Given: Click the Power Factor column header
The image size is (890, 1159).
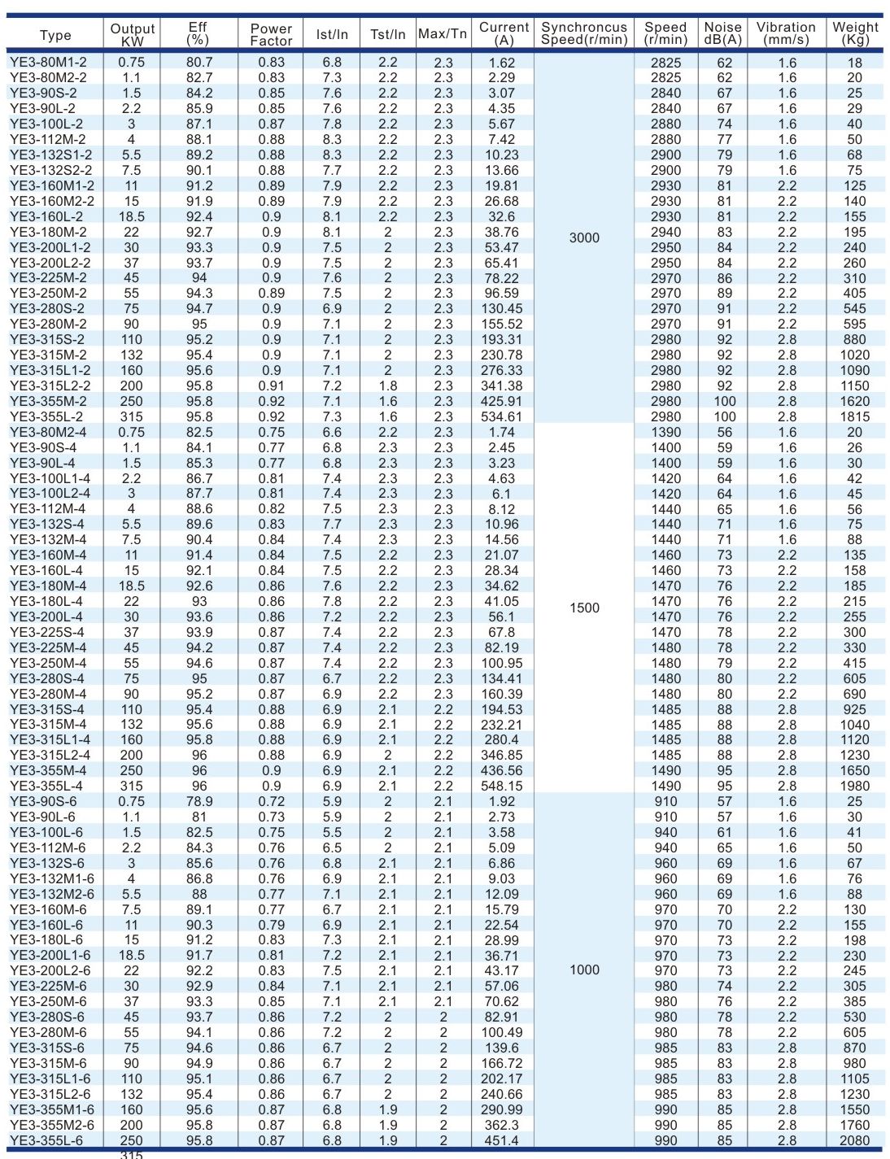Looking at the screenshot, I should click(x=271, y=34).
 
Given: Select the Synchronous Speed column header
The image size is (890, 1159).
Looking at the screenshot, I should click(x=584, y=33).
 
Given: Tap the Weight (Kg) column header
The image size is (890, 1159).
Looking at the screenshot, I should click(x=855, y=33).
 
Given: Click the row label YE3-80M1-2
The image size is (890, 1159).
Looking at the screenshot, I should click(x=49, y=62).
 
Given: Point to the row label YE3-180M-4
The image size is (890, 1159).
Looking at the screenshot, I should click(x=48, y=586).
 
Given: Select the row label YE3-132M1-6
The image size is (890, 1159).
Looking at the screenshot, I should click(x=52, y=878).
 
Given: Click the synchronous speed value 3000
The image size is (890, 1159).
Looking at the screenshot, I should click(x=584, y=238).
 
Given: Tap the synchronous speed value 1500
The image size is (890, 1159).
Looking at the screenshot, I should click(x=584, y=608).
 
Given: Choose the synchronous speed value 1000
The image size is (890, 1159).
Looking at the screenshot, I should click(x=584, y=969).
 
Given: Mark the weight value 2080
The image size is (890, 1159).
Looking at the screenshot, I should click(x=854, y=1140).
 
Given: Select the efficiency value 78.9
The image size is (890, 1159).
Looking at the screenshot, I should click(x=199, y=801).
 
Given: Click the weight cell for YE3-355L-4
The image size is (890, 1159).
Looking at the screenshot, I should click(x=854, y=786).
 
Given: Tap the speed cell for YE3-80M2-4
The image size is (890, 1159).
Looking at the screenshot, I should click(x=665, y=432).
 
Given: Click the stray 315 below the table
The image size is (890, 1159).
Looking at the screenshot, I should click(x=131, y=1154).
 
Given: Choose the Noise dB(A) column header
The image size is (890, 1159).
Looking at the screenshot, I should click(x=722, y=33).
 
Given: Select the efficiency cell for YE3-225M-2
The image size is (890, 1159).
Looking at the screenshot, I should click(x=199, y=278).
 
